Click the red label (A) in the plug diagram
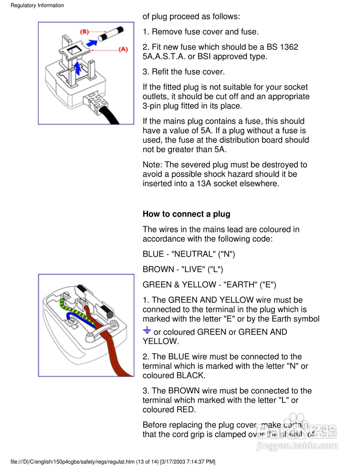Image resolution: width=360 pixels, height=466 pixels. [123, 49]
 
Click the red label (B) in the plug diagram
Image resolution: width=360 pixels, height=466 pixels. [84, 32]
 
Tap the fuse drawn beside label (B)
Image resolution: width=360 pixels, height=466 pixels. [111, 33]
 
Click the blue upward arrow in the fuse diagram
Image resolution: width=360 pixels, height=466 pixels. [77, 67]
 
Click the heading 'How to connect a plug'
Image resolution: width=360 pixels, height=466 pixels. [186, 214]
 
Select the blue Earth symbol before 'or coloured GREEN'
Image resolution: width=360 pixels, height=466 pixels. [147, 331]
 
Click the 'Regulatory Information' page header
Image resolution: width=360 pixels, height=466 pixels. [37, 5]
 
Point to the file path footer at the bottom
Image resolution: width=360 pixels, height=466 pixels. [113, 462]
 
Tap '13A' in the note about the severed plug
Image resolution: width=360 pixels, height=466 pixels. [204, 183]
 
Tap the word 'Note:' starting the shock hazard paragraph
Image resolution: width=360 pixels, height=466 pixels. [153, 165]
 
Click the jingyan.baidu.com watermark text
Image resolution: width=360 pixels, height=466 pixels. [297, 445]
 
